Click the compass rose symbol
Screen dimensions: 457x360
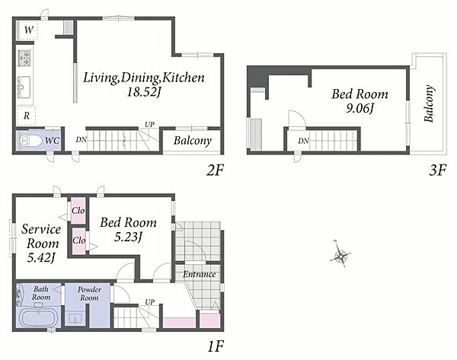tap(340, 256)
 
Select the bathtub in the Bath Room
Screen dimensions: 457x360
tap(39, 318)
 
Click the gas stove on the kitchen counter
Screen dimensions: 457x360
tap(24, 58)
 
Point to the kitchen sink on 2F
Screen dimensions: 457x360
tap(24, 87)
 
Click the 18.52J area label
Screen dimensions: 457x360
tap(144, 92)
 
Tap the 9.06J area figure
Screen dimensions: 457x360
tap(360, 108)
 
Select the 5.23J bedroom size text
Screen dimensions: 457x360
tap(128, 237)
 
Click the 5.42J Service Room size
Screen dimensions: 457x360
tap(41, 257)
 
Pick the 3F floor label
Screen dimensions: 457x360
tap(437, 170)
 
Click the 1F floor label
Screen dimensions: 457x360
tap(216, 346)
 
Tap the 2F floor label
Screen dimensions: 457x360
tap(215, 170)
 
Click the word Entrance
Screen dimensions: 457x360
tap(200, 274)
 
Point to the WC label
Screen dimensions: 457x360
tap(53, 141)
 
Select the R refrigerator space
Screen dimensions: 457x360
tap(26, 116)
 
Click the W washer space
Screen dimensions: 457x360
tap(27, 30)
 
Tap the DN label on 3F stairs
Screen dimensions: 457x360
tap(303, 141)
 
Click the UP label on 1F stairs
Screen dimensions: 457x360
tap(150, 302)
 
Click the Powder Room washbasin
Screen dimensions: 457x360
tap(75, 319)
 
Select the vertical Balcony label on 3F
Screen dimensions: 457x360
tap(429, 104)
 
